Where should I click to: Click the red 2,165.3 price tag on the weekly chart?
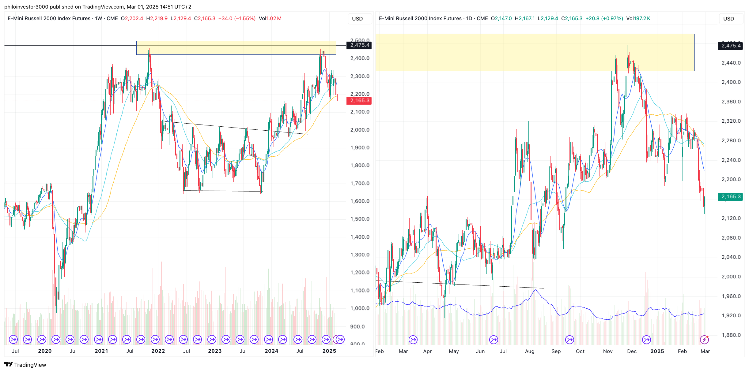pos(359,101)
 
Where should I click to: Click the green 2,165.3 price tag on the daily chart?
pos(730,197)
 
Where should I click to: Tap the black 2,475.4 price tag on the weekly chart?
pos(359,45)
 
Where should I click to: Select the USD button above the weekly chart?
pos(357,19)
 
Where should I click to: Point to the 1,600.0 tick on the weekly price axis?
pos(360,201)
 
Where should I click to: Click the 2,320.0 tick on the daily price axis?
pos(731,121)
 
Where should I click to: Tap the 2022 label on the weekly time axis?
pos(158,351)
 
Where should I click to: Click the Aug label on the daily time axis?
pos(529,352)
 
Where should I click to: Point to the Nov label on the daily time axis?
pos(608,352)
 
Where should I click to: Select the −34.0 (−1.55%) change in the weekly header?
pos(237,19)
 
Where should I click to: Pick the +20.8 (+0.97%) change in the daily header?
pos(604,19)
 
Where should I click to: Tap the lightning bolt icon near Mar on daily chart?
pos(704,340)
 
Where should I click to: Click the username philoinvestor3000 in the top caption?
pos(26,7)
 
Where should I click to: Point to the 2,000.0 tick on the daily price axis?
pos(731,277)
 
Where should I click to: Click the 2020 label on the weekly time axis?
pos(45,351)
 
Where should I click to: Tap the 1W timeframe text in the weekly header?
pos(98,19)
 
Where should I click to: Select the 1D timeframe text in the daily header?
pos(469,19)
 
